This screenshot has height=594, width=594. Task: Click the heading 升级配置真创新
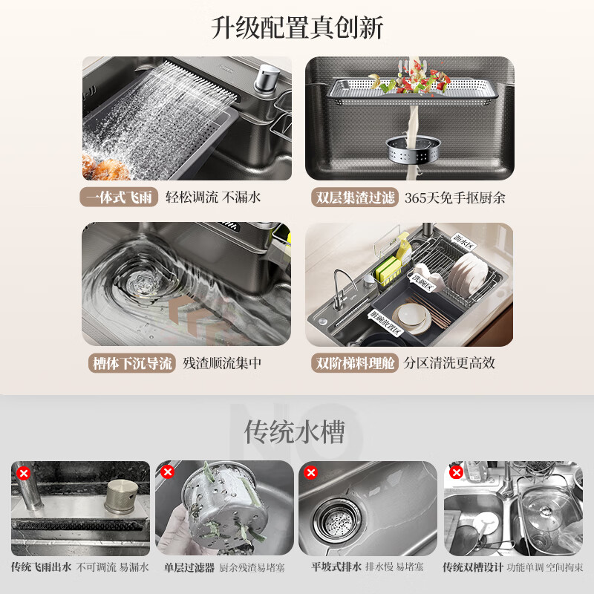point(297,28)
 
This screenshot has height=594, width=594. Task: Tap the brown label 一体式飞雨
point(119,198)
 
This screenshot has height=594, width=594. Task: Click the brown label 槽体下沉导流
point(131,363)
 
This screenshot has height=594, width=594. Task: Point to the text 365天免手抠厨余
point(454,198)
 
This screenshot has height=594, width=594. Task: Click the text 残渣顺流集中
point(222,363)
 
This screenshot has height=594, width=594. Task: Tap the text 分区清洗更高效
point(449,363)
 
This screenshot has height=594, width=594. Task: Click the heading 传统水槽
point(295,431)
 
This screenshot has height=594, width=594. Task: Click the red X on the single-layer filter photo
point(167,472)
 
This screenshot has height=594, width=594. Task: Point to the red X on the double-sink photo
point(455,472)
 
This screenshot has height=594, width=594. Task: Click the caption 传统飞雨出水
point(41,567)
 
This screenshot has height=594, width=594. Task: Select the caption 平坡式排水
point(336,567)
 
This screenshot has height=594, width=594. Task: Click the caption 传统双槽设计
point(473,567)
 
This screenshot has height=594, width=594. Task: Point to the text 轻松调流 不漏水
point(212,198)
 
